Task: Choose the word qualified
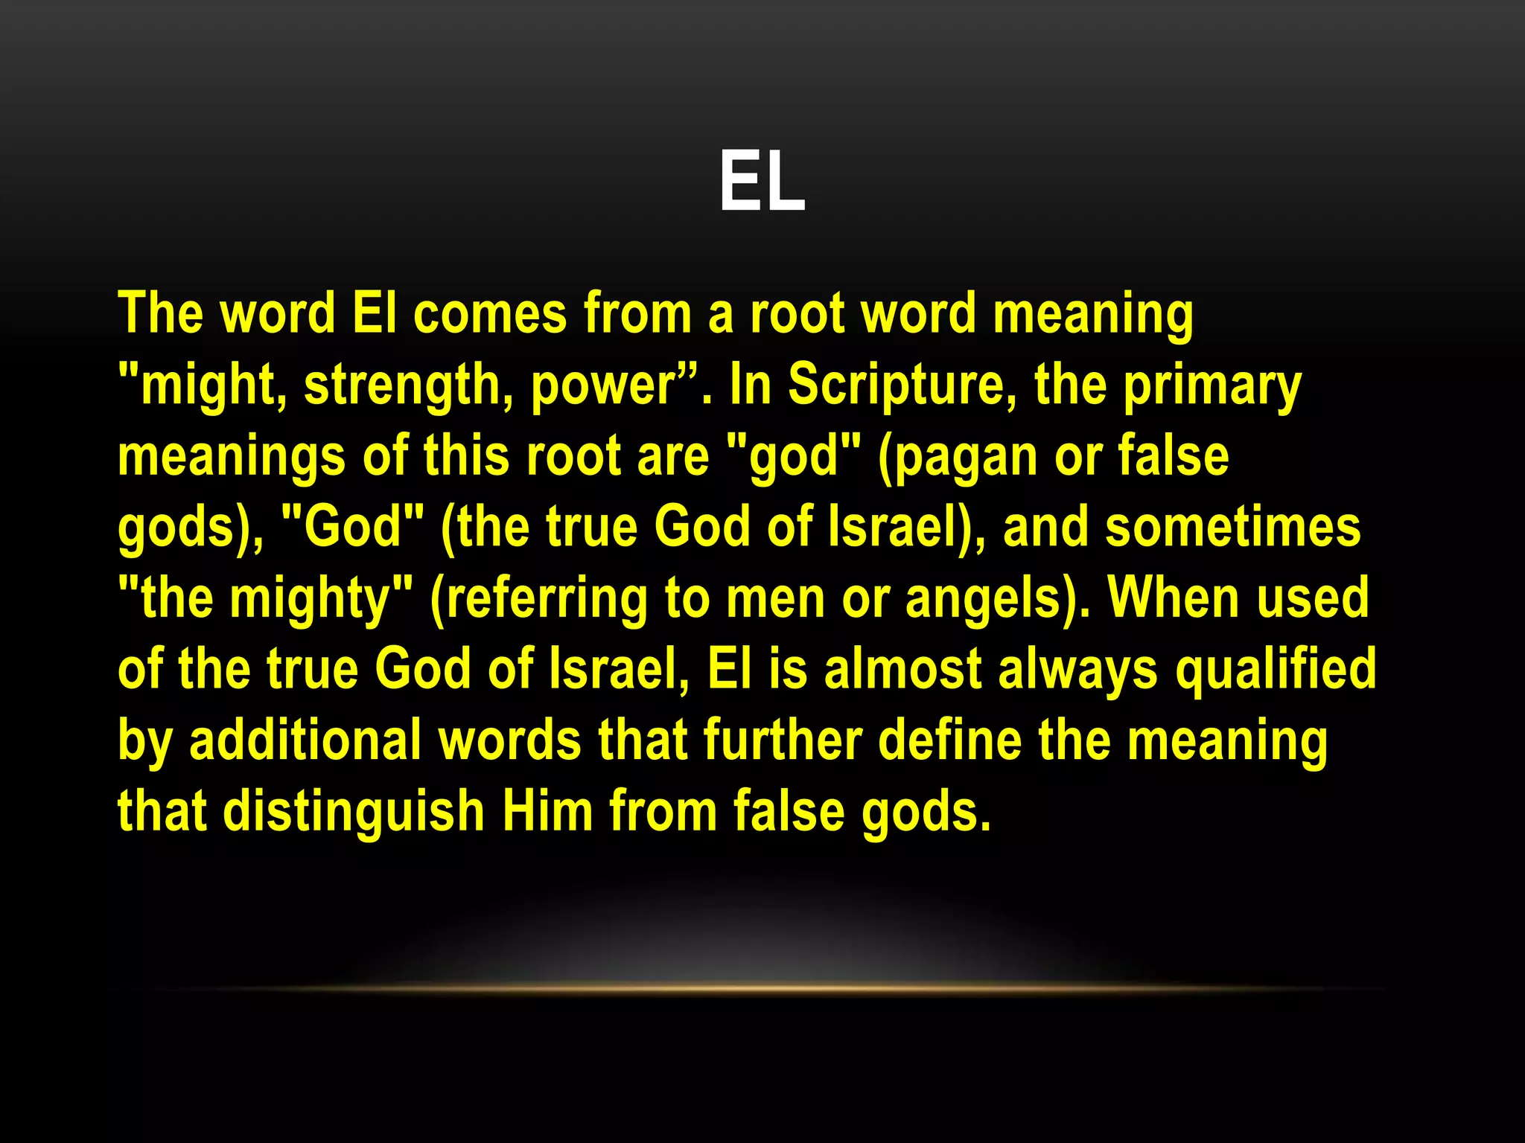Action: point(1276,669)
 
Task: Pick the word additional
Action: point(305,740)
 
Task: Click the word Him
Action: point(547,811)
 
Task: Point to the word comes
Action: point(490,313)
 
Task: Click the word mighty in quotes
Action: point(310,598)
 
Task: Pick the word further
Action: point(783,740)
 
